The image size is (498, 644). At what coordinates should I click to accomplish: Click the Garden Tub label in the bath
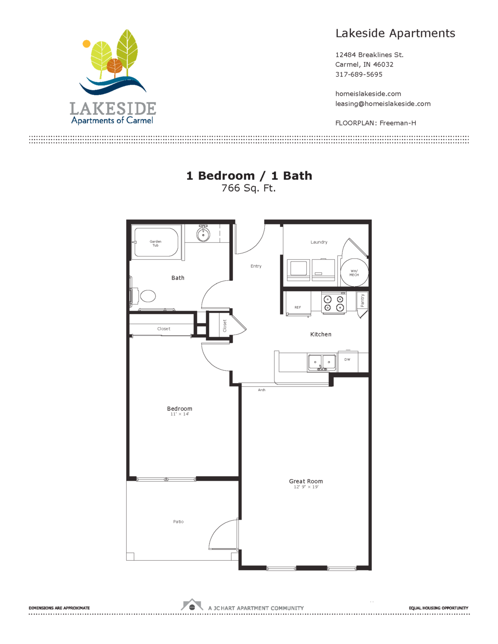pyautogui.click(x=156, y=243)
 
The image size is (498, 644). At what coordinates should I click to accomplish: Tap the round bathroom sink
pyautogui.click(x=203, y=234)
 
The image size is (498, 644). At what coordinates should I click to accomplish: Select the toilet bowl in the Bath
pyautogui.click(x=148, y=296)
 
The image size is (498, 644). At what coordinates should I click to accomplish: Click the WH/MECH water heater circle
pyautogui.click(x=354, y=272)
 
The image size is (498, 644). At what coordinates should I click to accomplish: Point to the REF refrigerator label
pyautogui.click(x=298, y=307)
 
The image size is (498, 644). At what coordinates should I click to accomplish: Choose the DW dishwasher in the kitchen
pyautogui.click(x=348, y=361)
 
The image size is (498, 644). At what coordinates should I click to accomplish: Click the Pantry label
pyautogui.click(x=362, y=300)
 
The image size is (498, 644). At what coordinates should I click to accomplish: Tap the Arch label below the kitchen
pyautogui.click(x=261, y=390)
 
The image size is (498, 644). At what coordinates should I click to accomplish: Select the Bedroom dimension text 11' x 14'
pyautogui.click(x=179, y=414)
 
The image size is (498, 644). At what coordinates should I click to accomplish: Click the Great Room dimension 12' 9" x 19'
pyautogui.click(x=306, y=487)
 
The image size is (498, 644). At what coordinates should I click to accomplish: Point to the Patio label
pyautogui.click(x=178, y=522)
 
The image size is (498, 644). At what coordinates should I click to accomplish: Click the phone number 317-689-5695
pyautogui.click(x=359, y=74)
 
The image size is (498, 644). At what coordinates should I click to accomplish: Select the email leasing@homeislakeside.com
pyautogui.click(x=383, y=104)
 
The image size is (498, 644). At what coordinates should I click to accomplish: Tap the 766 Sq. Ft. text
pyautogui.click(x=249, y=188)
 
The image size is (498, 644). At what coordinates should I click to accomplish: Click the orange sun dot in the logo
pyautogui.click(x=86, y=44)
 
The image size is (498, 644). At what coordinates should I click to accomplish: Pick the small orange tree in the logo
pyautogui.click(x=115, y=66)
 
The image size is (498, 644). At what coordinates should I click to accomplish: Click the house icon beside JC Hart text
pyautogui.click(x=192, y=605)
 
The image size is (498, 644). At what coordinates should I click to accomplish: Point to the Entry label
pyautogui.click(x=256, y=266)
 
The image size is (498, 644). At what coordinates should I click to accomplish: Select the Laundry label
pyautogui.click(x=319, y=242)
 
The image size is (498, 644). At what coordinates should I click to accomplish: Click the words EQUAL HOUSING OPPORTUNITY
pyautogui.click(x=438, y=608)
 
